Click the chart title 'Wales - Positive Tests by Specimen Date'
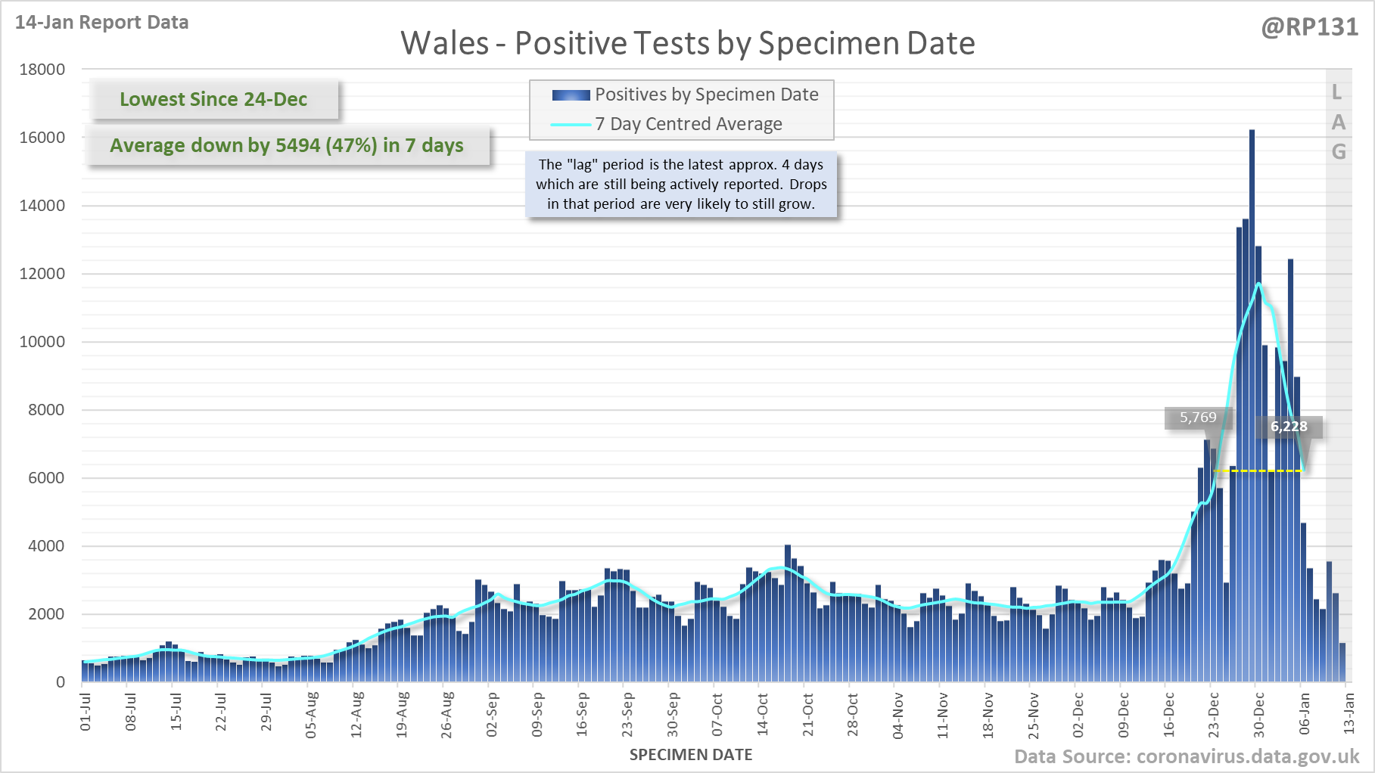pos(687,43)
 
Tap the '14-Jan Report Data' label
pos(102,23)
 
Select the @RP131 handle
pos(1309,27)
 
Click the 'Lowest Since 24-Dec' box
pos(213,99)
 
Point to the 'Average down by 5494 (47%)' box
pos(287,145)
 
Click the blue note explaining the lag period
pos(681,184)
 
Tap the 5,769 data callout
pos(1198,418)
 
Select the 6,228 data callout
pos(1289,427)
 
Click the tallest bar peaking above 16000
pos(1252,378)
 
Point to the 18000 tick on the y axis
pos(42,70)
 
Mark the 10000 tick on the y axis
pos(42,342)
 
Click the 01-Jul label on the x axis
pos(86,712)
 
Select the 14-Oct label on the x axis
pos(763,714)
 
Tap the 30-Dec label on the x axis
pos(1259,714)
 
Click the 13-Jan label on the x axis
pos(1349,714)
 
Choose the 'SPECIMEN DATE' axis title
pos(691,755)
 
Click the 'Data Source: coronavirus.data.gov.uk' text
pos(1187,756)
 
